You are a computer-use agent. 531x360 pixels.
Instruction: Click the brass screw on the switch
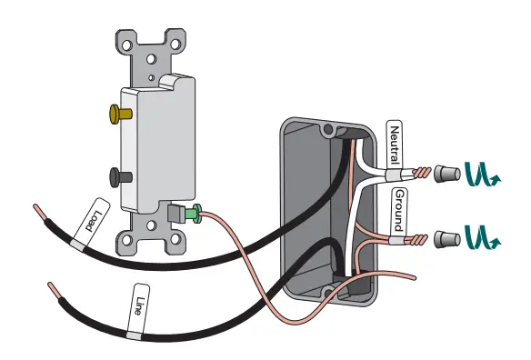click(x=118, y=114)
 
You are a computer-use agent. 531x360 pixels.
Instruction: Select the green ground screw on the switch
click(x=192, y=215)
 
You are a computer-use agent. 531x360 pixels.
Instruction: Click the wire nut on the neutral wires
click(x=446, y=172)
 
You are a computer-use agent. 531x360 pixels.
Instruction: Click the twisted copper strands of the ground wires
click(x=421, y=241)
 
